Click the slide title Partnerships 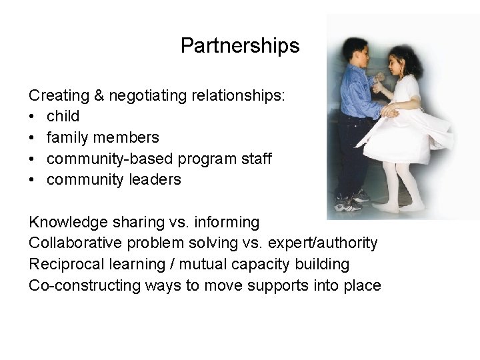pos(240,46)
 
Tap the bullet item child pos(63,117)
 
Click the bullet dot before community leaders pos(33,180)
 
